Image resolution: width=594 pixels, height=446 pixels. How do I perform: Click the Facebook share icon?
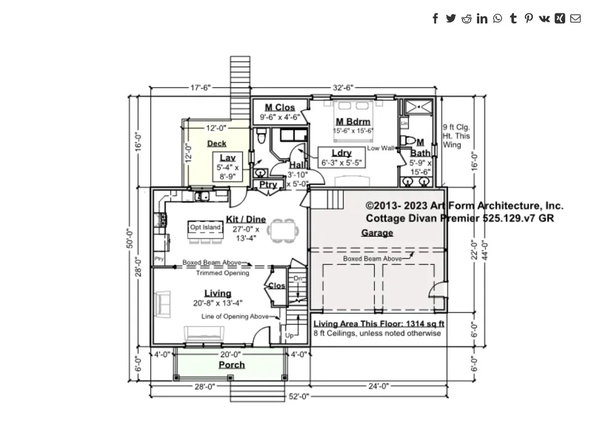tap(435, 19)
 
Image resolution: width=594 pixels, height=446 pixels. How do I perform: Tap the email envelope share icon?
tap(575, 19)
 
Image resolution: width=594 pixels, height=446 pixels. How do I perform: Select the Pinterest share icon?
tap(528, 19)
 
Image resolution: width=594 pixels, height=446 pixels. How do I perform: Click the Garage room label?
tap(377, 233)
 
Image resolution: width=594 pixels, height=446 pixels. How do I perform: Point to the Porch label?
tap(231, 365)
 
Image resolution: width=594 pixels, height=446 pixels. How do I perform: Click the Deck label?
tap(216, 143)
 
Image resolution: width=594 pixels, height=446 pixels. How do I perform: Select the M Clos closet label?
tap(280, 107)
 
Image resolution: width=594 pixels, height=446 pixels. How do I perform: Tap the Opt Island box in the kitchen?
tap(205, 227)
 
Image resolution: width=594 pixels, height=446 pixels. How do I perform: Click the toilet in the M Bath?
tap(410, 140)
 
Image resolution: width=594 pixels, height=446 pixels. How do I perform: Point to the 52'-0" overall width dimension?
tap(299, 397)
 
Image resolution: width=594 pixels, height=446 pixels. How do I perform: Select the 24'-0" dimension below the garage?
tap(378, 386)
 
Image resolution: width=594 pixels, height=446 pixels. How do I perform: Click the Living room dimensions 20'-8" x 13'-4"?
tap(218, 303)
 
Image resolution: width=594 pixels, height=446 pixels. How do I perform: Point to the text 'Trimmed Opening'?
tap(222, 273)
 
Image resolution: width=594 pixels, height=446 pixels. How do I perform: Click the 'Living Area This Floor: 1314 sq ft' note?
tap(379, 324)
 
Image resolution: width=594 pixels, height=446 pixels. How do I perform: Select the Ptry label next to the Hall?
tap(268, 185)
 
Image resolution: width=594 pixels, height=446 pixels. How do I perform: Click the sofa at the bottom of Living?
tap(204, 333)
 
